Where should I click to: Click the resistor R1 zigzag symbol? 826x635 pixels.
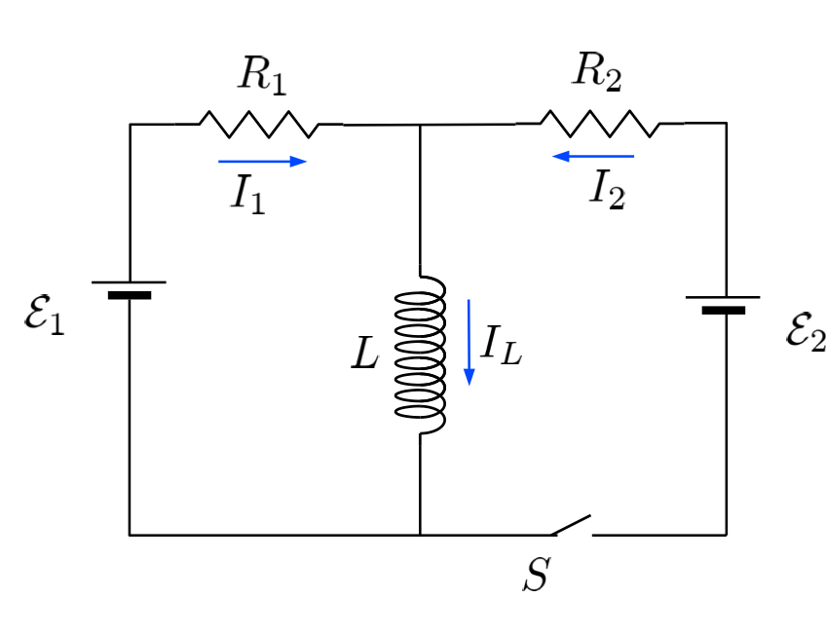259,124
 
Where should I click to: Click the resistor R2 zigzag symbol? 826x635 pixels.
599,124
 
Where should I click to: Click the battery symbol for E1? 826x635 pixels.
130,288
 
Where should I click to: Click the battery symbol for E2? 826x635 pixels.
724,304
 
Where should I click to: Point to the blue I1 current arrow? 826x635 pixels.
262,161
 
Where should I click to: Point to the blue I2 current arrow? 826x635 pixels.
591,156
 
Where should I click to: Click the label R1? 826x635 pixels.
263,76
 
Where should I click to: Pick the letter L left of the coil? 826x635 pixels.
364,355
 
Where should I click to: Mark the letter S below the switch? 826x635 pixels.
535,576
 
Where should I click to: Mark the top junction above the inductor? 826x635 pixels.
420,125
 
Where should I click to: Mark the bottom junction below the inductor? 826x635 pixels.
420,535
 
